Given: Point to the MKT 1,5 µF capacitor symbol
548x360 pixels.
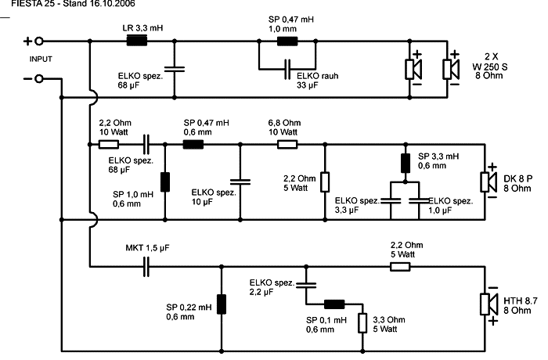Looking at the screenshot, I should click(147, 267).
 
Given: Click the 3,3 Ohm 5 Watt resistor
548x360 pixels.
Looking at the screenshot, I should click(362, 322).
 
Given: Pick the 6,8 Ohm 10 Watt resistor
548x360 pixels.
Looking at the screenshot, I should click(288, 144).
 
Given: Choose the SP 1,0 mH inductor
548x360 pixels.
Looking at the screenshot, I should click(165, 182).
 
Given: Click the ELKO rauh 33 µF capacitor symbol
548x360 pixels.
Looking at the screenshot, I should click(287, 68).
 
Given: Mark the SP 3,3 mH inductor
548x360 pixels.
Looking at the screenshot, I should click(405, 164).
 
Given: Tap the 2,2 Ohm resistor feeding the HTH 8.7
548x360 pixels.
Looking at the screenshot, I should click(399, 267).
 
